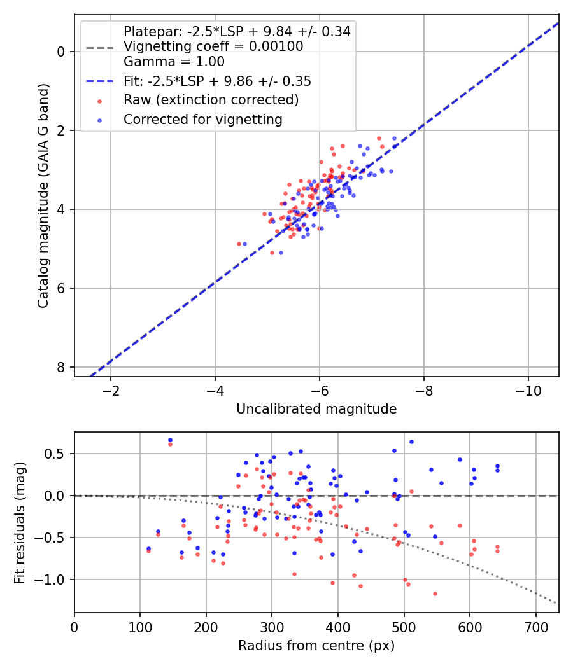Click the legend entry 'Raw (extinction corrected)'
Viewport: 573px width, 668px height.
point(211,100)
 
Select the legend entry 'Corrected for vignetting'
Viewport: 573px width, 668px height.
point(203,120)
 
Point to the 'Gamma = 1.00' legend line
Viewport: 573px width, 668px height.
point(174,62)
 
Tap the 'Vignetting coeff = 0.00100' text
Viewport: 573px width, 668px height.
point(213,46)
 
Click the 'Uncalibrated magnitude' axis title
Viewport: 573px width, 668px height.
point(316,409)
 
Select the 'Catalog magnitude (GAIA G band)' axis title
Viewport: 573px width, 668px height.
point(43,195)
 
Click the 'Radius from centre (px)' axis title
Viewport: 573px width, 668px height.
point(316,646)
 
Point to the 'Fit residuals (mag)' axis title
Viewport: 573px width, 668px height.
point(20,523)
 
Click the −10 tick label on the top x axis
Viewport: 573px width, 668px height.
point(528,391)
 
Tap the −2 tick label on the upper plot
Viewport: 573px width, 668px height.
point(111,391)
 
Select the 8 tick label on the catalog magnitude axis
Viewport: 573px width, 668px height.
point(61,367)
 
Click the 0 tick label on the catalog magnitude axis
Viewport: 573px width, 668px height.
point(61,52)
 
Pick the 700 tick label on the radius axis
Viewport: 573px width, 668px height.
point(536,627)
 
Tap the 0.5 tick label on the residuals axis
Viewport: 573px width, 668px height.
point(55,454)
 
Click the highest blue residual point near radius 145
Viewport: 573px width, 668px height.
point(170,440)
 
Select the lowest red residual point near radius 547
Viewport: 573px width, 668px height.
point(435,594)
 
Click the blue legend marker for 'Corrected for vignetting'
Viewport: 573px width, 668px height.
point(100,120)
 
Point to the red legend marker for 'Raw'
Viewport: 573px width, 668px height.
point(100,101)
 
